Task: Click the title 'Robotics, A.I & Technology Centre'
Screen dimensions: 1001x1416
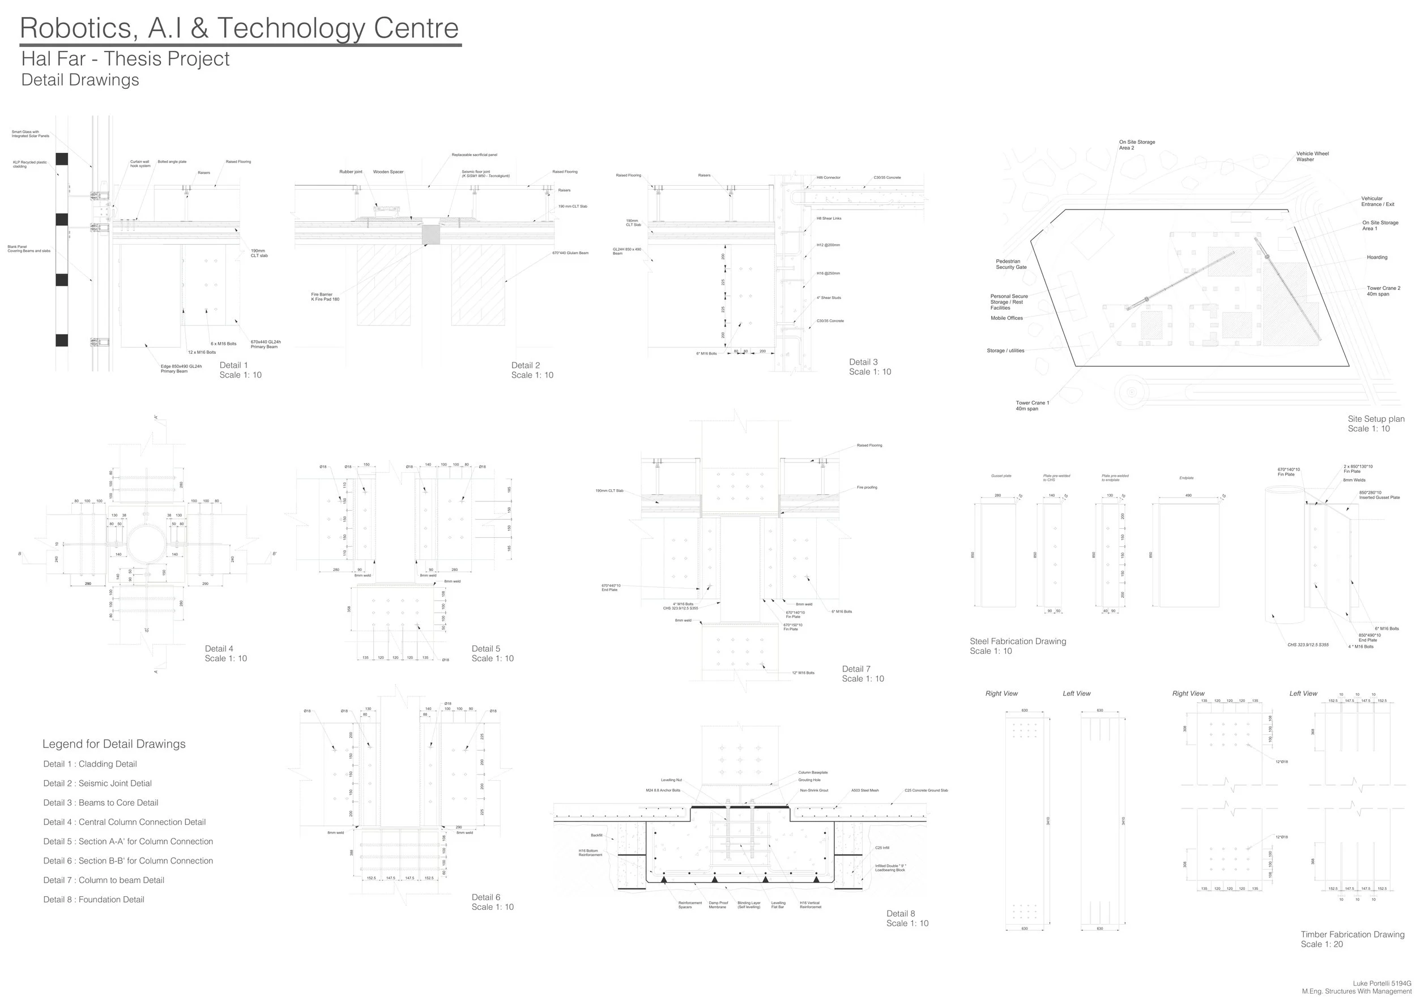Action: (x=239, y=28)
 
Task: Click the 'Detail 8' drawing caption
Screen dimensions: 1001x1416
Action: (x=901, y=913)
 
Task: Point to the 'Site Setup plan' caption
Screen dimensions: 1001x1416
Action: (x=1376, y=419)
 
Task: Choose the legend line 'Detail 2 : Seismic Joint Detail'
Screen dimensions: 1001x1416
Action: (x=97, y=784)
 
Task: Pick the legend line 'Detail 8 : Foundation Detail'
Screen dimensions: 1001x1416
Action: (x=94, y=899)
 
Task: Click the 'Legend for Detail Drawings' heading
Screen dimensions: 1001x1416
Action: (x=114, y=744)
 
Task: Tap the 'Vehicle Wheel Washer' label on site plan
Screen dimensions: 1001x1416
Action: (x=1312, y=157)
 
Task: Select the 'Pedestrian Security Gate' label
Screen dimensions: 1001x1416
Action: (x=1012, y=264)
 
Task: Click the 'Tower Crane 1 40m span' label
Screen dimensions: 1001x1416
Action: (x=1033, y=405)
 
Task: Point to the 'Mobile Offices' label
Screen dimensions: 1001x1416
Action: (x=1006, y=318)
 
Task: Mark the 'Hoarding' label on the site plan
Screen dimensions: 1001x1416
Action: (x=1377, y=258)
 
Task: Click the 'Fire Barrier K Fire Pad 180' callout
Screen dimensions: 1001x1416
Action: (x=325, y=297)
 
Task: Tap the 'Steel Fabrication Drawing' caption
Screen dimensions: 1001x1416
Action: (x=1018, y=641)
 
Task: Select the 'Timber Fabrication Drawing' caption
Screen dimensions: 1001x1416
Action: (x=1353, y=934)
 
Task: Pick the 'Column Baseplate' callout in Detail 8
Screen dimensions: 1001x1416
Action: (x=813, y=772)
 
